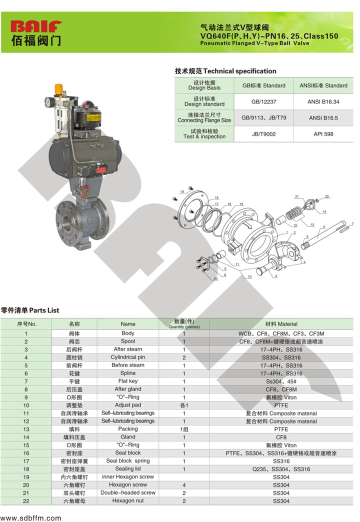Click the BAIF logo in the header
coord(36,33)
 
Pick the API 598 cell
coord(323,134)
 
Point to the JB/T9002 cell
coord(263,134)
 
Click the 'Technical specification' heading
coord(225,71)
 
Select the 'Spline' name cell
coord(128,373)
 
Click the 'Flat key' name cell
coord(128,381)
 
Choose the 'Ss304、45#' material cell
coord(281,381)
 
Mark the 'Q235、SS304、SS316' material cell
coord(281,469)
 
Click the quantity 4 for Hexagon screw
coord(184,485)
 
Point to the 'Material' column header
coord(281,324)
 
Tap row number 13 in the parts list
coord(26,429)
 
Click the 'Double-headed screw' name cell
coord(128,492)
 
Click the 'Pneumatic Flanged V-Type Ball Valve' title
coord(254,43)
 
